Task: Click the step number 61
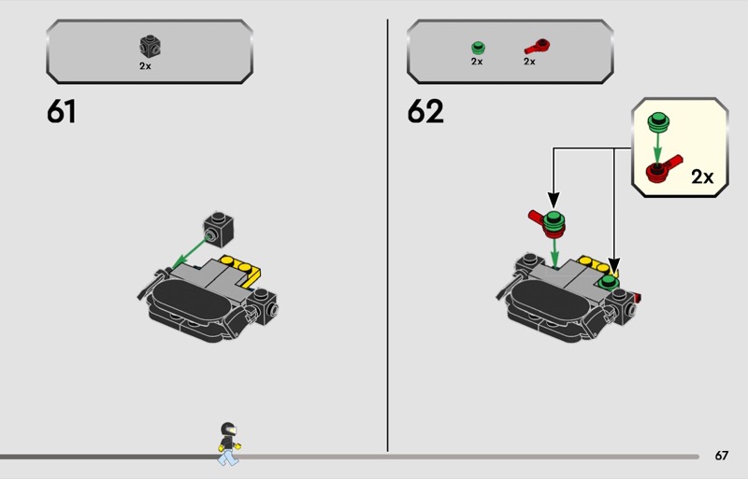coord(61,111)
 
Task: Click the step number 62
coord(425,111)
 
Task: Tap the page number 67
coord(721,456)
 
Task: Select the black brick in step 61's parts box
coord(150,47)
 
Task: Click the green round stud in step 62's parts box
coord(478,48)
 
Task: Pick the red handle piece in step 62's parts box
coord(538,47)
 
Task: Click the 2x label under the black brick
coord(145,66)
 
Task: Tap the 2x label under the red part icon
coord(529,62)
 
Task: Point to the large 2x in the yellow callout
coord(702,176)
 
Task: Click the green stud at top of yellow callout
coord(658,122)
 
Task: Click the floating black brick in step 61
coord(219,230)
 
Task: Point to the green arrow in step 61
coord(189,253)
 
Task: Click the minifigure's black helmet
coord(228,429)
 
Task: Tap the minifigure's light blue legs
coord(227,457)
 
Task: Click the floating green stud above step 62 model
coord(554,220)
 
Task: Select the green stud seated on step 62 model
coord(609,281)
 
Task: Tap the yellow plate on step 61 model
coord(241,270)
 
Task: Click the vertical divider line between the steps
coord(387,235)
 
